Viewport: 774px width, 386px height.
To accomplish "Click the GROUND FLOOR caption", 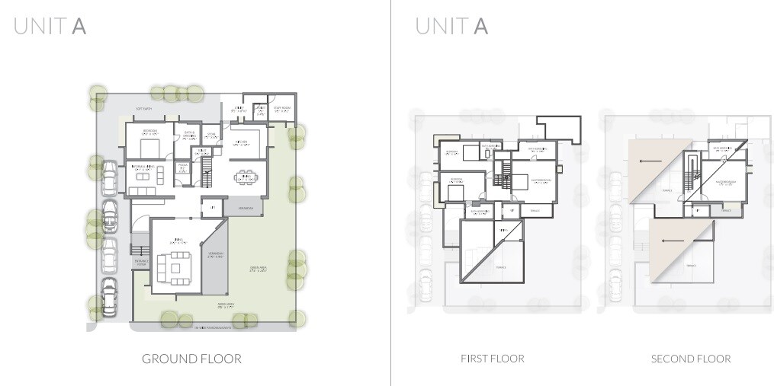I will pyautogui.click(x=191, y=359).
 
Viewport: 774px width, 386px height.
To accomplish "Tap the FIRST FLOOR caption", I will pyautogui.click(x=493, y=359).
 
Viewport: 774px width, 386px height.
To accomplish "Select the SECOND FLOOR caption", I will pyautogui.click(x=691, y=359).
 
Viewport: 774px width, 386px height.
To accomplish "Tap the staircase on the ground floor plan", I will pyautogui.click(x=205, y=179).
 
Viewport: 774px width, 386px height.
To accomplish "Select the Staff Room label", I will pyautogui.click(x=281, y=108).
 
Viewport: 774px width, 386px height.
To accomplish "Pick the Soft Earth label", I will pyautogui.click(x=145, y=109).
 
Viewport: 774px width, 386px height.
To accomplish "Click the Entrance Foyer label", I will pyautogui.click(x=142, y=263).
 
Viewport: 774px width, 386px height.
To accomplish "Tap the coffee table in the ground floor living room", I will pyautogui.click(x=176, y=267).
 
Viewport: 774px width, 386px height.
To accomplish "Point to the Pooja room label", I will pyautogui.click(x=183, y=166).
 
